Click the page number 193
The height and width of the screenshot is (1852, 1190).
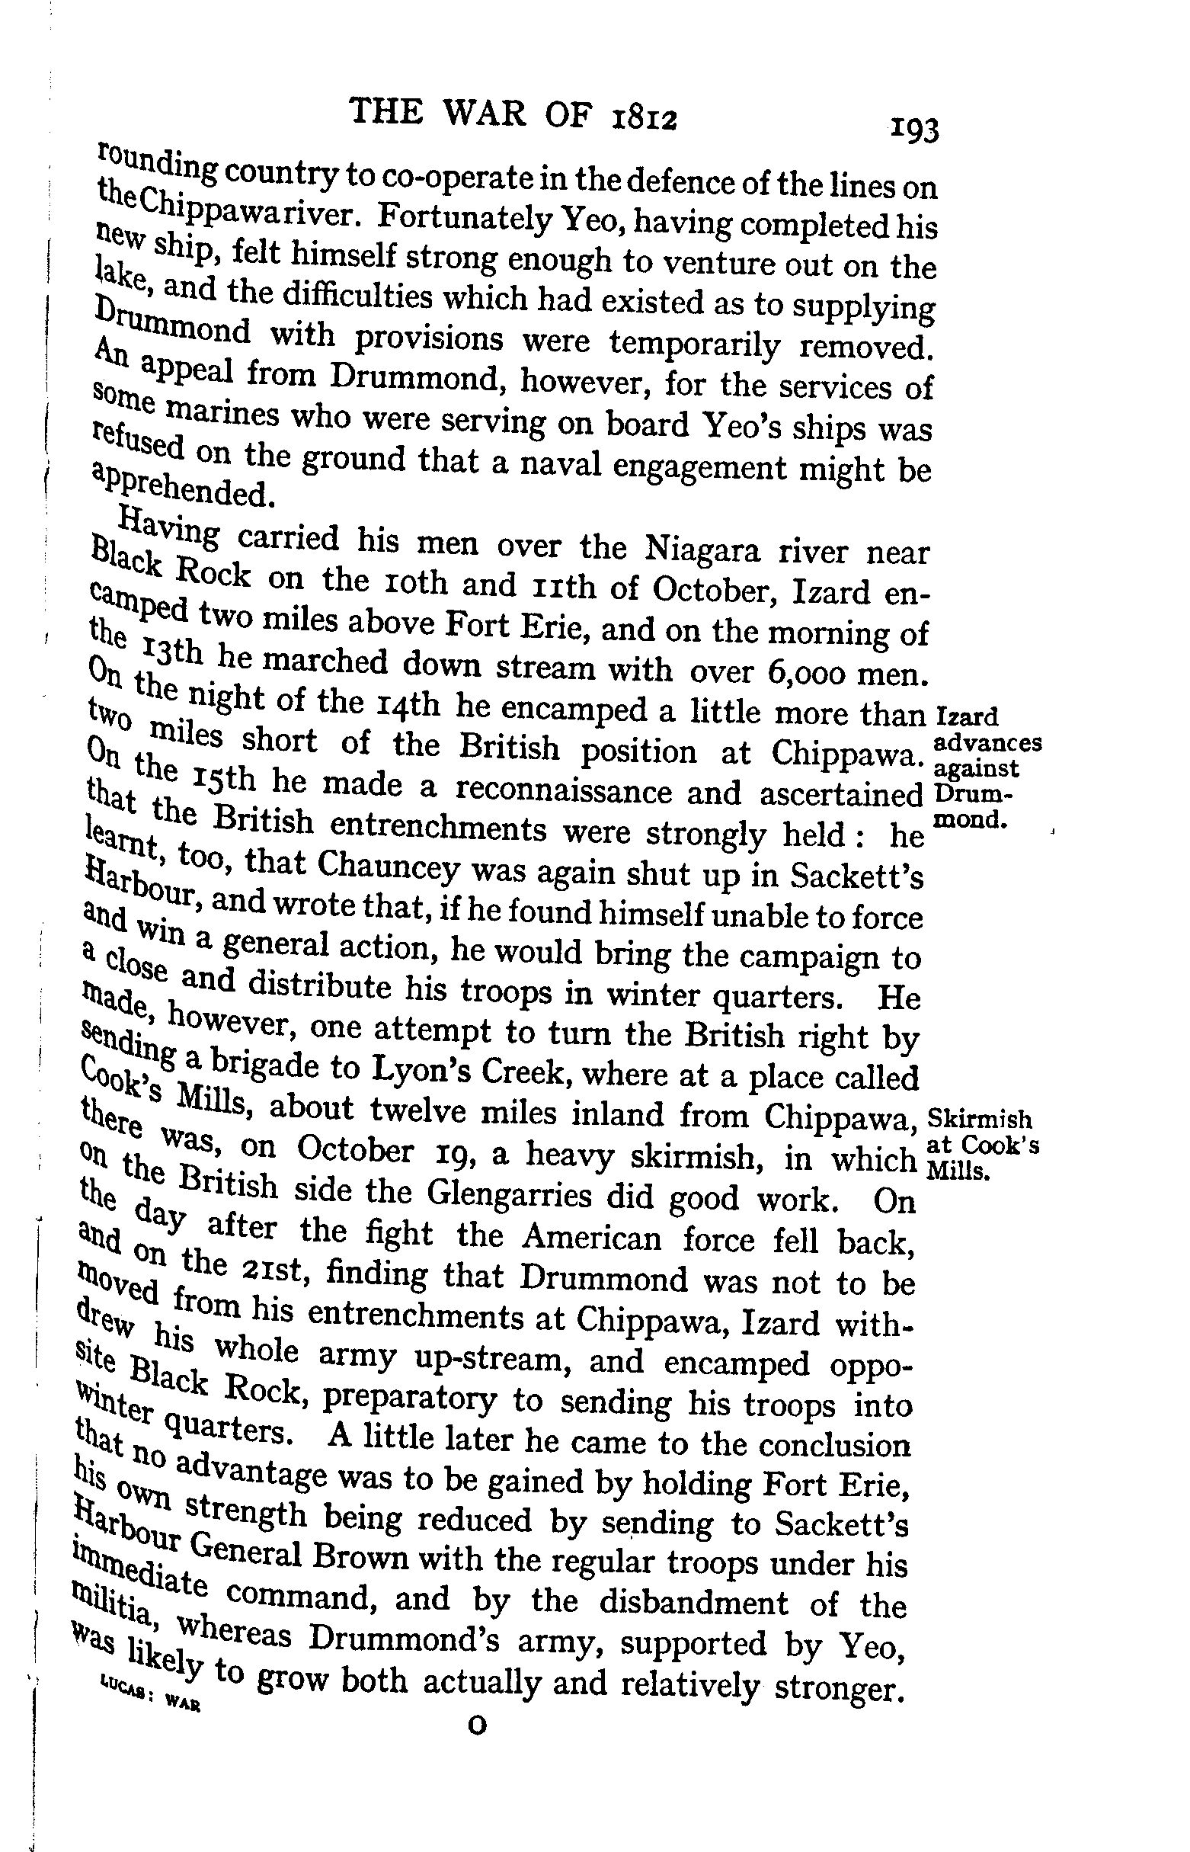[914, 130]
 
